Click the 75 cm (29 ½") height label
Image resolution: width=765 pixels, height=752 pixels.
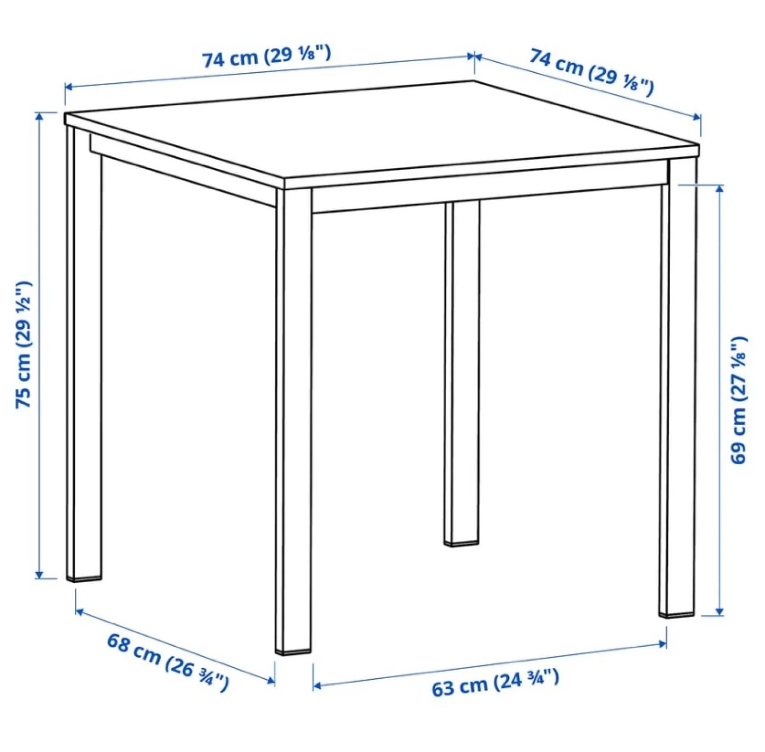[x=23, y=344]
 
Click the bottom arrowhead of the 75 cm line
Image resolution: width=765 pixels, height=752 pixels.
[x=39, y=574]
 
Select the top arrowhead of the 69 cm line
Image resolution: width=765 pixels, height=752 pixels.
[x=719, y=188]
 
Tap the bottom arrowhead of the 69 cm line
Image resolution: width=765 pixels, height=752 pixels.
[x=719, y=611]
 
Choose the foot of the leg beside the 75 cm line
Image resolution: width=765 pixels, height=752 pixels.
[x=84, y=578]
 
